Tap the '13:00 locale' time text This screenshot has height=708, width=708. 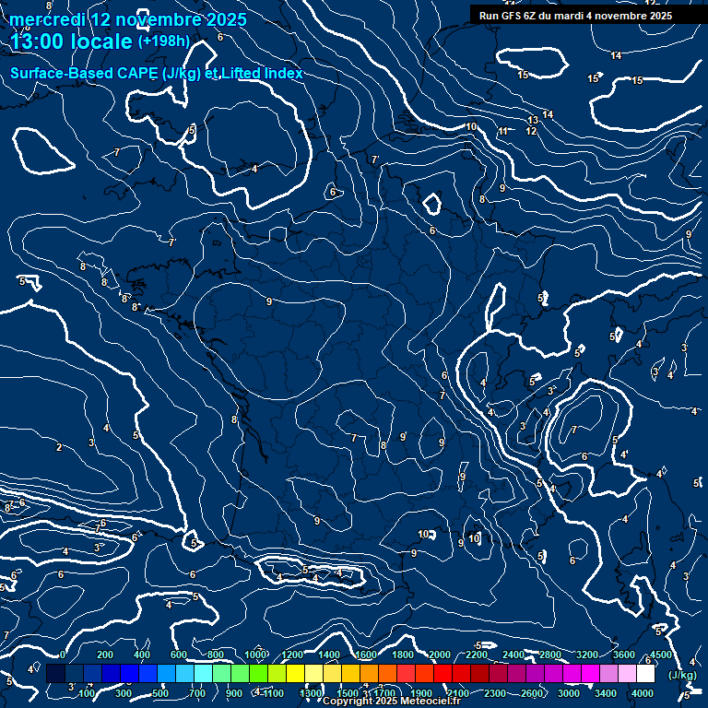(71, 41)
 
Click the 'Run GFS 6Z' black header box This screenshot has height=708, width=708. (575, 16)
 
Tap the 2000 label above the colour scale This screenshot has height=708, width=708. (440, 655)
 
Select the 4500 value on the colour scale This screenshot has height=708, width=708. (660, 655)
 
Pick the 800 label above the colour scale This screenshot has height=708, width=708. (216, 655)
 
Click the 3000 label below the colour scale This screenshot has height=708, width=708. (569, 693)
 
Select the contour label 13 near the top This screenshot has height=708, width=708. (533, 121)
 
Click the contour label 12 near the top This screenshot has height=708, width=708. (531, 132)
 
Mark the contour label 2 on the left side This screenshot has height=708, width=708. (59, 448)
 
